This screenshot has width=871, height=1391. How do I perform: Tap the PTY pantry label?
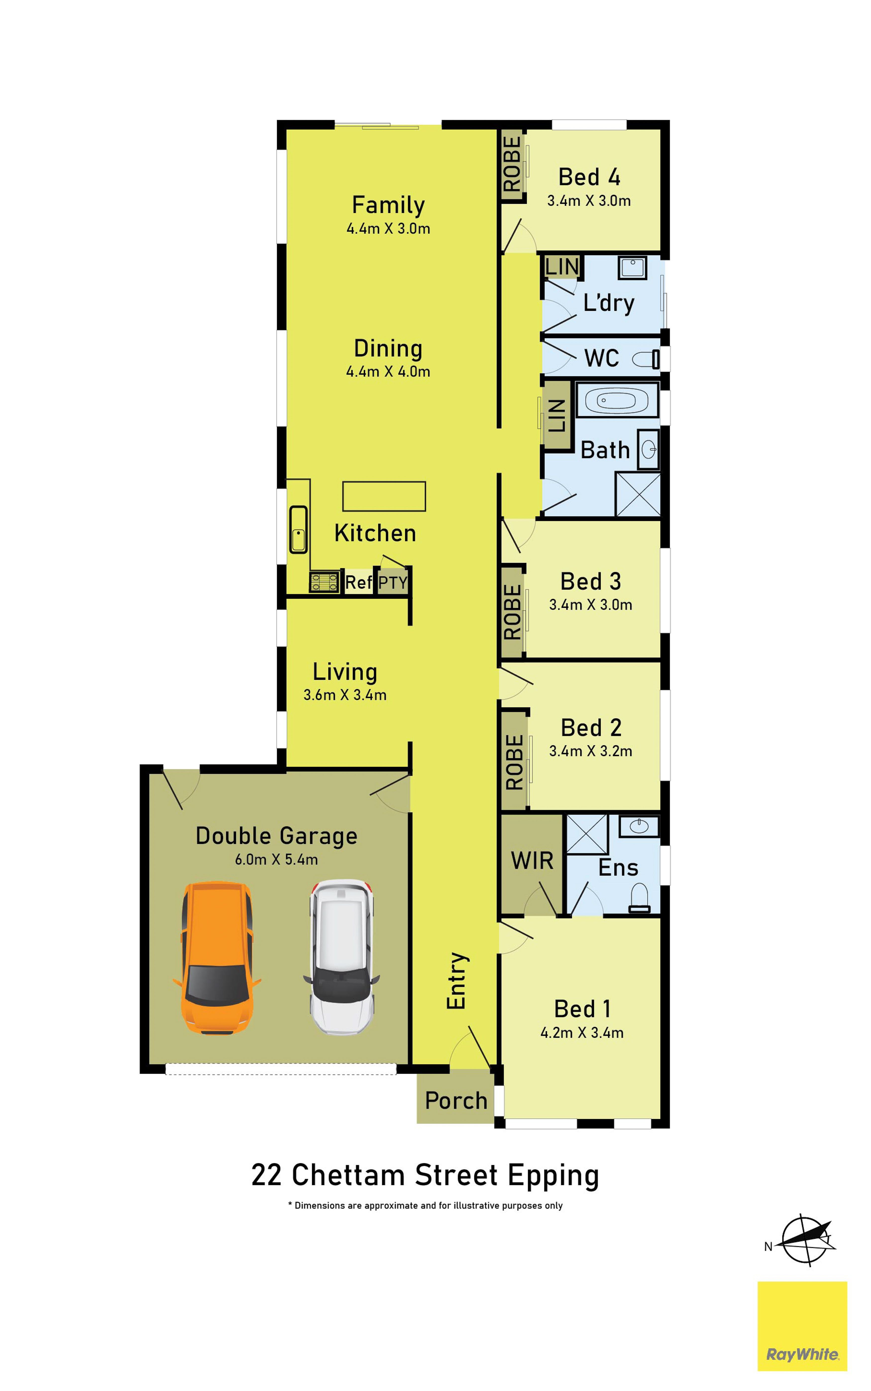[x=393, y=583]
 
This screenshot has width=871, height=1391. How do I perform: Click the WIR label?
[x=532, y=861]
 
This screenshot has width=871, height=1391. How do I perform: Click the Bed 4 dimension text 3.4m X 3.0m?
[x=589, y=201]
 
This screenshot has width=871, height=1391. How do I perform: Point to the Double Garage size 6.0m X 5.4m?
[x=276, y=859]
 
